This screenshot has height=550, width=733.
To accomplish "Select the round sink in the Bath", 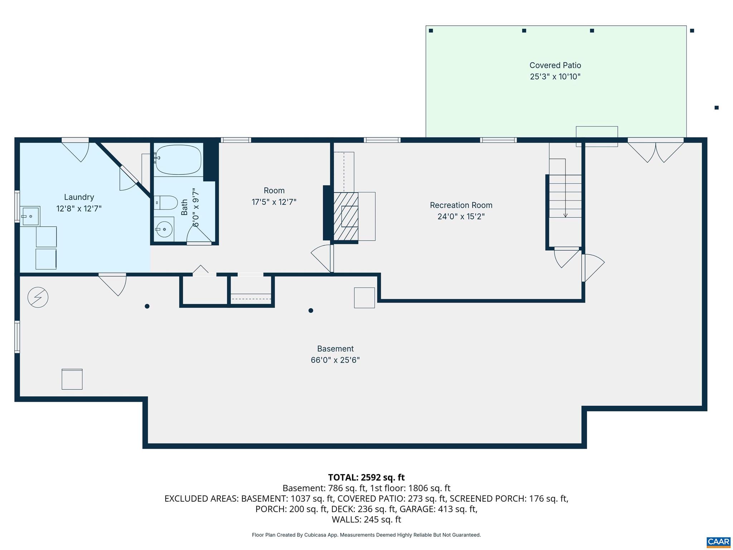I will (x=164, y=229).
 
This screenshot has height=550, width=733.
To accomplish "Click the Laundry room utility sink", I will (x=30, y=216).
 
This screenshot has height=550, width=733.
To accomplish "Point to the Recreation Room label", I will (x=461, y=205).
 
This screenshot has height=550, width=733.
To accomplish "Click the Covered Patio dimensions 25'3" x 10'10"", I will (x=555, y=77).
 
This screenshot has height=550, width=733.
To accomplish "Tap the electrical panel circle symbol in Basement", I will (x=38, y=297).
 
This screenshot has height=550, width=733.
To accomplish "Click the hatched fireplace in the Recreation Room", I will (x=346, y=216).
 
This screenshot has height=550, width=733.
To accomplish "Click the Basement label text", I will (x=335, y=349).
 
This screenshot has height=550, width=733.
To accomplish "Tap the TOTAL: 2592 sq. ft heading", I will (x=366, y=477).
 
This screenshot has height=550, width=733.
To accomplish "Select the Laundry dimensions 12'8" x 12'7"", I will (x=79, y=208).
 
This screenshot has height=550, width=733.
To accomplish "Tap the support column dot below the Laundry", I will (x=147, y=306).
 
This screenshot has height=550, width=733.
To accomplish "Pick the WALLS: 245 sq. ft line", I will (x=366, y=519).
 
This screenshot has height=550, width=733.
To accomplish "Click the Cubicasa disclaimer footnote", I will (x=366, y=535).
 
